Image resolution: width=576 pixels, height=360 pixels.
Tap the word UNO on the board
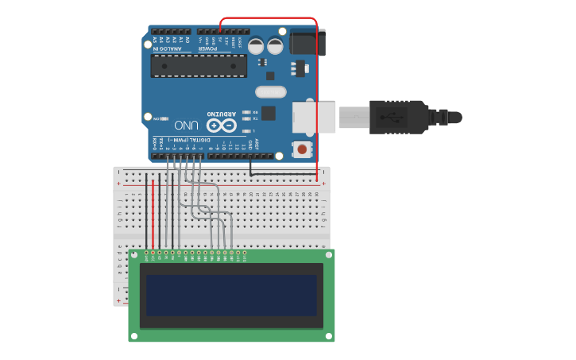pyautogui.click(x=186, y=125)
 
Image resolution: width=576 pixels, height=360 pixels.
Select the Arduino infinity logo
pyautogui.click(x=222, y=126)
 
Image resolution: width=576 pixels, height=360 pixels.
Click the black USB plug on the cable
pyautogui.click(x=397, y=117)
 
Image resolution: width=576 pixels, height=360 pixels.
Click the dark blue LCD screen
pyautogui.click(x=231, y=296)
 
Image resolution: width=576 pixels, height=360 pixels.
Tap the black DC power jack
pyautogui.click(x=307, y=42)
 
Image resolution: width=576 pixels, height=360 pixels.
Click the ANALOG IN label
pyautogui.click(x=166, y=48)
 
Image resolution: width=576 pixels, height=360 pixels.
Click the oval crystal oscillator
pyautogui.click(x=270, y=91)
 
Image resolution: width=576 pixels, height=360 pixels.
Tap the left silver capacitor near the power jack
pyautogui.click(x=257, y=46)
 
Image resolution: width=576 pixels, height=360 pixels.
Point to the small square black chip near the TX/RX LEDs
pyautogui.click(x=269, y=113)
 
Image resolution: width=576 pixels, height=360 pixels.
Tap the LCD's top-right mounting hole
pyautogui.click(x=327, y=255)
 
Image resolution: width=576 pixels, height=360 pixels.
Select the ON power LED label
pyautogui.click(x=157, y=118)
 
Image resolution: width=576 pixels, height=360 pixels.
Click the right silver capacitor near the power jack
pyautogui.click(x=275, y=46)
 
